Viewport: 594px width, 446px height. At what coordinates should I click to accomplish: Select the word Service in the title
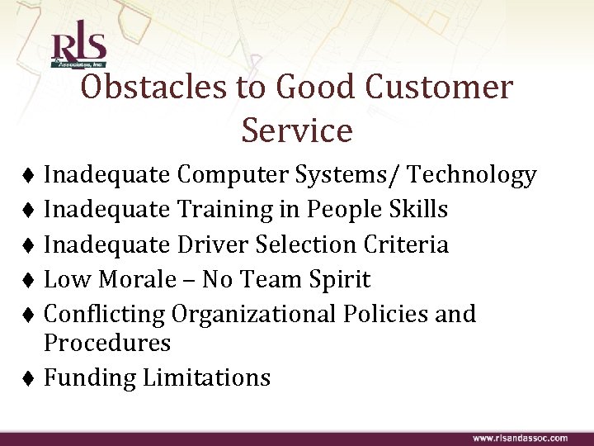click(297, 130)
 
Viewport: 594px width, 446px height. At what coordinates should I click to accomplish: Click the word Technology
click(473, 175)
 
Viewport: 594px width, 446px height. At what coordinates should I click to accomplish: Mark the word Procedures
click(107, 342)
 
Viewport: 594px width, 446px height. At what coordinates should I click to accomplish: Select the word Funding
click(90, 377)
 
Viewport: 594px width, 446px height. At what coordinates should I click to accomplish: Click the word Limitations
click(206, 377)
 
